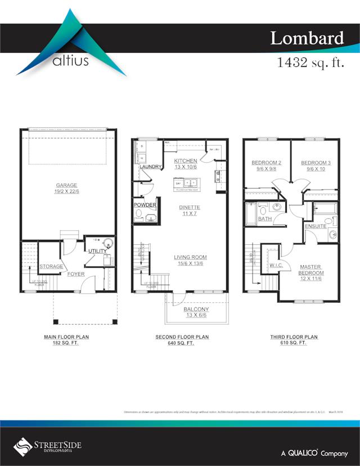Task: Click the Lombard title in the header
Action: (x=307, y=38)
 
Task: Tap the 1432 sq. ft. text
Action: (x=310, y=62)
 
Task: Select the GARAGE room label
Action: (x=66, y=185)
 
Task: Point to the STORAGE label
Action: (x=51, y=266)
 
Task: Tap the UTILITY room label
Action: (x=96, y=250)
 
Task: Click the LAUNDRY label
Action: (x=151, y=167)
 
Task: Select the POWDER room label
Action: (x=145, y=205)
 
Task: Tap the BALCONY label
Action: (x=196, y=309)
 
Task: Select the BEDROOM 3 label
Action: (x=316, y=163)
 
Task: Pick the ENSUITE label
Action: (x=316, y=226)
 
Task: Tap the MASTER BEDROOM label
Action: (x=311, y=270)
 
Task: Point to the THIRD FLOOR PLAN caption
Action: (x=294, y=337)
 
